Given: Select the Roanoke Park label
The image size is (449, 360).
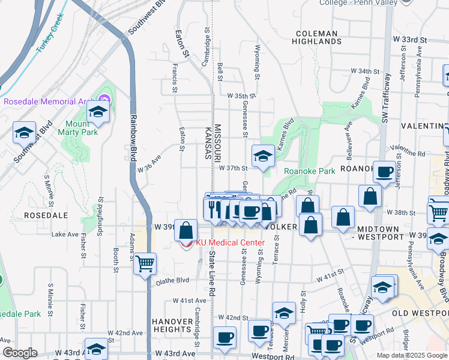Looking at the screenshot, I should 309,171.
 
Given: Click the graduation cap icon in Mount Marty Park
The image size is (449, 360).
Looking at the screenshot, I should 98,112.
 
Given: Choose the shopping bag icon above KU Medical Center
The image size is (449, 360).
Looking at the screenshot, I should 186,230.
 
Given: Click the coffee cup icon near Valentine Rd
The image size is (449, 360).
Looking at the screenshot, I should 384,172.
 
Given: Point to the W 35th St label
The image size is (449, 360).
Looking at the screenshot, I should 241,95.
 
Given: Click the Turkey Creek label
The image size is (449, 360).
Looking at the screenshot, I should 50,37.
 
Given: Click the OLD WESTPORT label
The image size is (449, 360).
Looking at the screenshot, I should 420,313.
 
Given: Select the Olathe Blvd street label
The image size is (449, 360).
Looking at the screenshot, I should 173,280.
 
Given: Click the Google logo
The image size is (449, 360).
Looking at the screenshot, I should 20,353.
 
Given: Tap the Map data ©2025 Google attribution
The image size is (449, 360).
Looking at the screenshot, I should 412,355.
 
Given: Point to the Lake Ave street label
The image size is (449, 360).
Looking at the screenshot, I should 65,234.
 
